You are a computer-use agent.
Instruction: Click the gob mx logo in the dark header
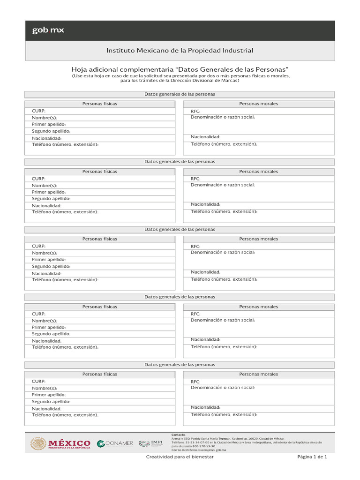click(48, 30)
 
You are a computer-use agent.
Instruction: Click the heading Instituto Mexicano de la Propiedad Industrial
click(180, 51)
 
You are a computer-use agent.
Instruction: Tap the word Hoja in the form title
click(79, 69)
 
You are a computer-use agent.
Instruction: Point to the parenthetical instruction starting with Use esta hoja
click(180, 78)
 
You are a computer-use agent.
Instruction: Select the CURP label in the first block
click(38, 111)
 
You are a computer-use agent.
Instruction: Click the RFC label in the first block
click(195, 111)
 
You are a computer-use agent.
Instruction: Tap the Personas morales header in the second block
click(258, 172)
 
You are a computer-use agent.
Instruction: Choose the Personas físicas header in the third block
click(100, 239)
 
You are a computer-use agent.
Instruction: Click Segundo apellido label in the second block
click(51, 199)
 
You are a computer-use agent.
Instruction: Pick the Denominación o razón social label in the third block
click(223, 252)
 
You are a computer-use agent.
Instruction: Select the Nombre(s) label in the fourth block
click(44, 321)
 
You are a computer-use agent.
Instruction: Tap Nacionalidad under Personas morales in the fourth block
click(205, 339)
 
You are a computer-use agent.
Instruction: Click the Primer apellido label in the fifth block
click(49, 395)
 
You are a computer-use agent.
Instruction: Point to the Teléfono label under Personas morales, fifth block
click(224, 414)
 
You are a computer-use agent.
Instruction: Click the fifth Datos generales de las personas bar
click(180, 365)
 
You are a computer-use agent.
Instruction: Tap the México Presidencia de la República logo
click(60, 443)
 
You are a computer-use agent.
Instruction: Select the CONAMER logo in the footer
click(115, 443)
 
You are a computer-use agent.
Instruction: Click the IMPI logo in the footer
click(150, 443)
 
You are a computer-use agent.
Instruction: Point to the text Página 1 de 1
click(312, 457)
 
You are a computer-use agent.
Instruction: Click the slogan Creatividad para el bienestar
click(180, 457)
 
